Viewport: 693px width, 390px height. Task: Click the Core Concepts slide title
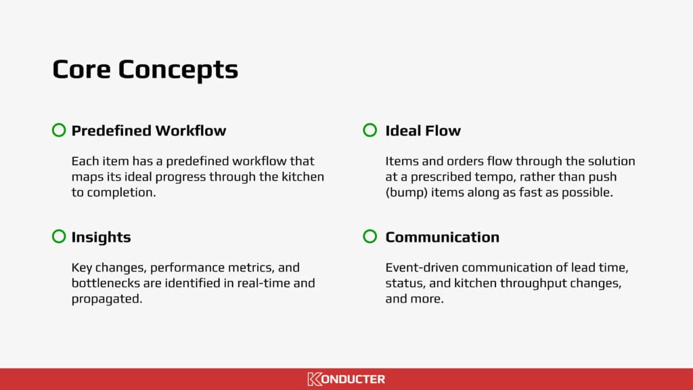click(x=145, y=70)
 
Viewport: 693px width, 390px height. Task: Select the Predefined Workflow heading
click(x=148, y=131)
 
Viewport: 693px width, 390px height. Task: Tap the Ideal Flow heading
click(x=422, y=131)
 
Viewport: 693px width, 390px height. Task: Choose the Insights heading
click(x=101, y=237)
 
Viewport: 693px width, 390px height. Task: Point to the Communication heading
click(x=442, y=237)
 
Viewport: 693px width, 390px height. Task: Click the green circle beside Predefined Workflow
click(x=59, y=130)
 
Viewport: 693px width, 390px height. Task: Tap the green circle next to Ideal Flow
click(x=370, y=130)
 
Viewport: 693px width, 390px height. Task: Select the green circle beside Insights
click(x=59, y=236)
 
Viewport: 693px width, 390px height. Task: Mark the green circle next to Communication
click(x=370, y=236)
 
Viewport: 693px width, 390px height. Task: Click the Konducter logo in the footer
click(x=346, y=379)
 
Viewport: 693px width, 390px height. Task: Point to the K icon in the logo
click(x=314, y=379)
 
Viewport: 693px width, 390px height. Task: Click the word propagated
click(x=107, y=298)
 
